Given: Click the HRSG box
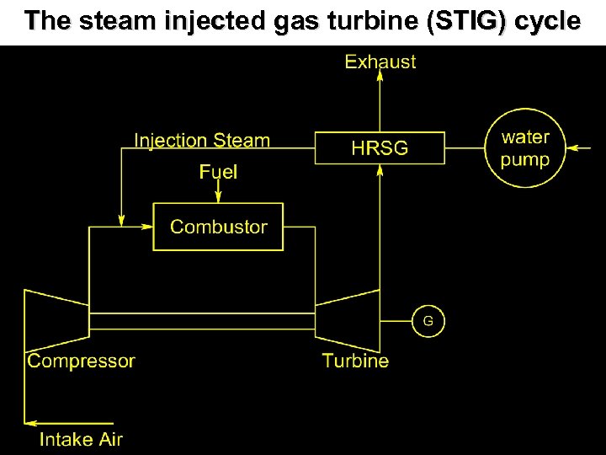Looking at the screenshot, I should pyautogui.click(x=379, y=147).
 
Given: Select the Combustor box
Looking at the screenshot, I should pyautogui.click(x=218, y=226).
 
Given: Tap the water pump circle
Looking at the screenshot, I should pyautogui.click(x=524, y=148).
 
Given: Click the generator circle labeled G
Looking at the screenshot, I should pyautogui.click(x=428, y=320).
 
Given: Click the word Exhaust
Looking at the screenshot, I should pyautogui.click(x=380, y=62).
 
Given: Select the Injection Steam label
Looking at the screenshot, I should pyautogui.click(x=202, y=141).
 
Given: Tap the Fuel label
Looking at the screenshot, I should pyautogui.click(x=218, y=173).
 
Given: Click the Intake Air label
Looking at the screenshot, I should pyautogui.click(x=81, y=439).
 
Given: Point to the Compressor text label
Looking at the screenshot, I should pyautogui.click(x=81, y=361).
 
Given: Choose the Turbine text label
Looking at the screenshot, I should pyautogui.click(x=355, y=361).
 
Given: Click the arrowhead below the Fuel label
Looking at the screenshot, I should pyautogui.click(x=218, y=197).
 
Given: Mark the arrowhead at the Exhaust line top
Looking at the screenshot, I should pyautogui.click(x=380, y=76).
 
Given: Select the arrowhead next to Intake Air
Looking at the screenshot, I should pyautogui.click(x=30, y=421).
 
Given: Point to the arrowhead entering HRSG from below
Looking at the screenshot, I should pyautogui.click(x=380, y=169).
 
